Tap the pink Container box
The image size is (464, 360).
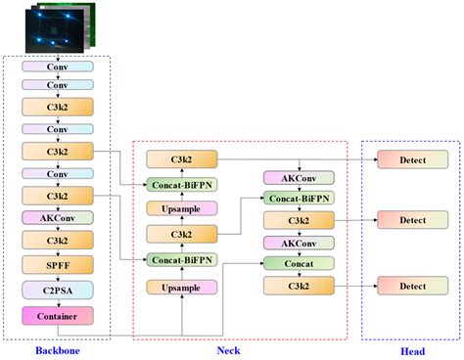[x=59, y=315]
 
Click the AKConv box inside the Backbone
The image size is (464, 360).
[x=59, y=217]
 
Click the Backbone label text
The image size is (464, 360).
[x=59, y=349]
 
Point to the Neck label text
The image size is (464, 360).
[x=242, y=349]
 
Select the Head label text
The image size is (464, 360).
[x=411, y=349]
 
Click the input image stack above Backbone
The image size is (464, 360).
[x=59, y=26]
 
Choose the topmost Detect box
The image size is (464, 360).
[x=411, y=158]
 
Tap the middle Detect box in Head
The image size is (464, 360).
[x=411, y=220]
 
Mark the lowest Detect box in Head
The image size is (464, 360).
[x=411, y=285]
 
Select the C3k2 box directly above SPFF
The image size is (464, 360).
[x=59, y=240]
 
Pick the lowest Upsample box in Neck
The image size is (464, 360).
[x=182, y=287]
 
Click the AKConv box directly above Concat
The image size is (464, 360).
[x=300, y=242]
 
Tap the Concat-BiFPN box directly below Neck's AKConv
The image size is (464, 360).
[x=300, y=199]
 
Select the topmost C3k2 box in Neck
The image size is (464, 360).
[x=182, y=158]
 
